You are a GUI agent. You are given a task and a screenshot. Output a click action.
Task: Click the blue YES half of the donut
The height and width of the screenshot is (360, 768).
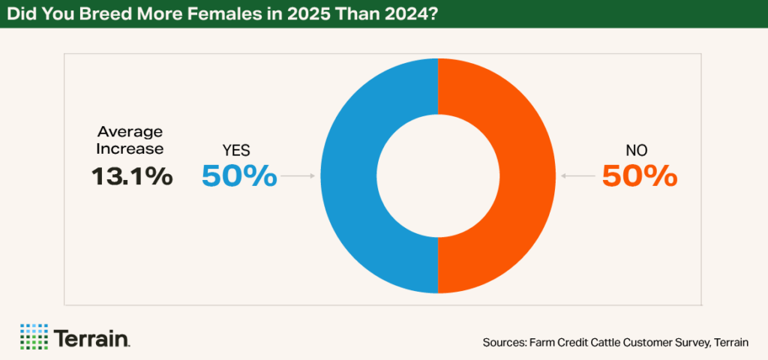pos(349,176)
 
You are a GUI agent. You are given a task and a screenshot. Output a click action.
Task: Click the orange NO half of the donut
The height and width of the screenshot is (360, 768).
pos(526,176)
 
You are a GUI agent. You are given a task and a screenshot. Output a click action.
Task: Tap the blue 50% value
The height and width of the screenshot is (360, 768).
pos(239,176)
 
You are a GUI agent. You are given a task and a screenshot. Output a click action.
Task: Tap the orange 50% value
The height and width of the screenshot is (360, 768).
pos(640,176)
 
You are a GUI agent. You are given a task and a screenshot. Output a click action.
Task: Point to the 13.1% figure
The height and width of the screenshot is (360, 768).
pos(133,176)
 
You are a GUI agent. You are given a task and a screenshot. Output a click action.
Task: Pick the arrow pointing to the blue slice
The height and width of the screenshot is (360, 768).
pos(299,176)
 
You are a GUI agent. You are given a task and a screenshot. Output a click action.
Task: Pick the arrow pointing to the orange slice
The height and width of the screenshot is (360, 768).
pos(577,176)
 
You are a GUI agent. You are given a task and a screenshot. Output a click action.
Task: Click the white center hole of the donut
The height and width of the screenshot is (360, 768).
pos(438,176)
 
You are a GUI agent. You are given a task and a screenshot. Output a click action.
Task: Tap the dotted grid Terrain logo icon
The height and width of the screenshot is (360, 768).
pos(33,336)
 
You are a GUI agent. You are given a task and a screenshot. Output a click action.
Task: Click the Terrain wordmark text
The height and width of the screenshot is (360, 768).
pos(91,337)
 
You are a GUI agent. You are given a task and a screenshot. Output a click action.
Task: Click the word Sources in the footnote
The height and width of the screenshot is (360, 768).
pos(504,343)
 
